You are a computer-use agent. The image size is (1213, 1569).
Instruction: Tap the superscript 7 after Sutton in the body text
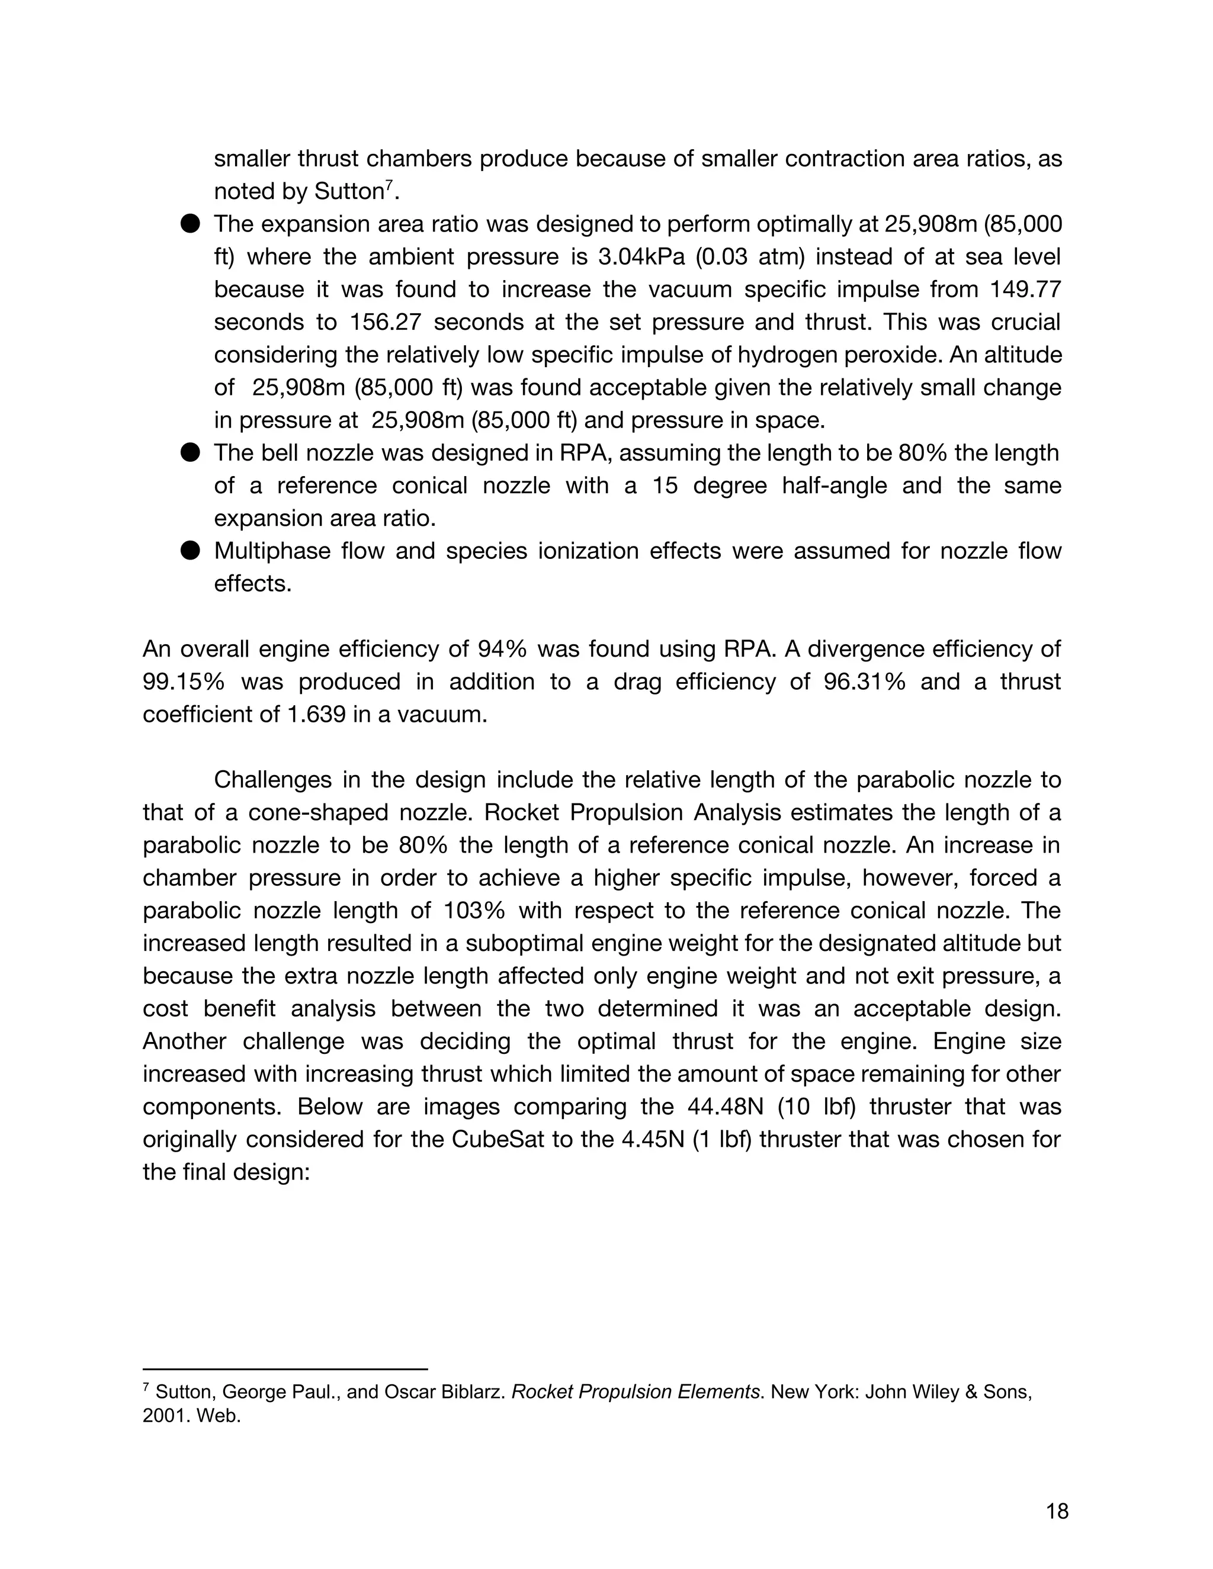[x=389, y=186]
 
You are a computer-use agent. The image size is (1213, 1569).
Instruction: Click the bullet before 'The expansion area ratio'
[x=190, y=224]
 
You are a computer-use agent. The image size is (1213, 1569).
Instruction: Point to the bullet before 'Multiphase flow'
[x=190, y=551]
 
